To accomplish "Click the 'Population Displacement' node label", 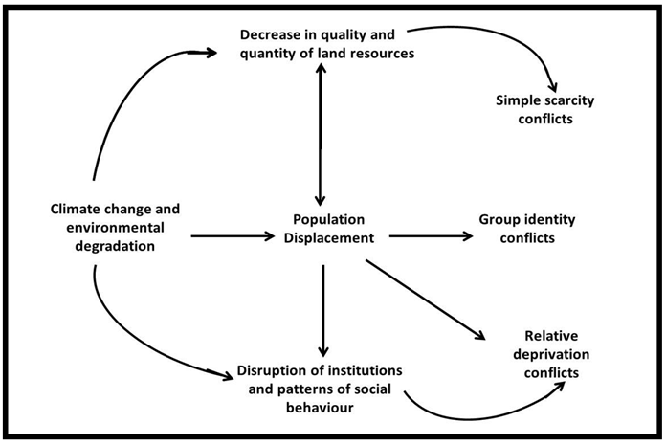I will pyautogui.click(x=327, y=228).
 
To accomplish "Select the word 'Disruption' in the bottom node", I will pyautogui.click(x=275, y=370).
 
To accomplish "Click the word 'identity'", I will pyautogui.click(x=549, y=219).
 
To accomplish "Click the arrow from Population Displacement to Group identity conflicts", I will pyautogui.click(x=431, y=235).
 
